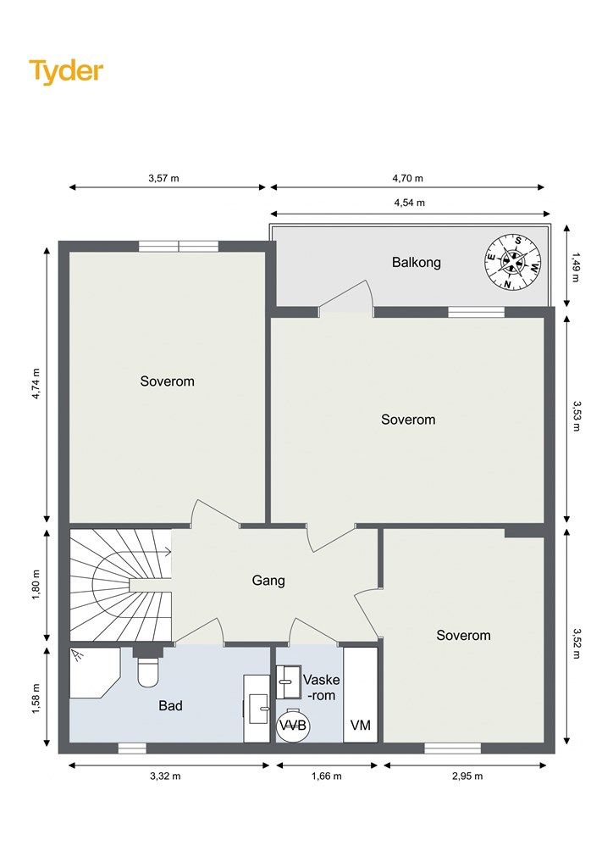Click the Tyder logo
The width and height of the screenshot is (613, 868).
coord(66,71)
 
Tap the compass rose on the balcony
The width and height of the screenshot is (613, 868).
coord(512,263)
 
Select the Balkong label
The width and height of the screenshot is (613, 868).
coord(417,262)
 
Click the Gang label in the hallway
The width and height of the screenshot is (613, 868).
coord(268,581)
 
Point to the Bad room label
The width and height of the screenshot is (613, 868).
coord(170,705)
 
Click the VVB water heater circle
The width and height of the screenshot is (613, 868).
coord(293,726)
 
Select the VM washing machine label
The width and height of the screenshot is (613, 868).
coord(361,725)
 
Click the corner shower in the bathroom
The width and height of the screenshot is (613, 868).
coord(95,673)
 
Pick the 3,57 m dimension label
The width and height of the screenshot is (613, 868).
coord(163,178)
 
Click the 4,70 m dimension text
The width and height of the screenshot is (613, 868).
coord(407,178)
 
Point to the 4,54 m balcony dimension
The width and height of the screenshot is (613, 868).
coord(410,203)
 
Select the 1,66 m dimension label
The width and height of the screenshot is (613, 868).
coord(326,776)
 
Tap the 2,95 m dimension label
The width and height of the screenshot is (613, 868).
coord(467,776)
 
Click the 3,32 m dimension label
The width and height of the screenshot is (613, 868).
coord(165,776)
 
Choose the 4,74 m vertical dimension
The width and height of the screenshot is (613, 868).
coord(36,384)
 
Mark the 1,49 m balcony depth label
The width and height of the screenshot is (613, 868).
coord(577,267)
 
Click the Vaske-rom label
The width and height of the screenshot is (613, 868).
coord(321,687)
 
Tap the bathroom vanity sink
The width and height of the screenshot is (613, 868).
coord(258,709)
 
